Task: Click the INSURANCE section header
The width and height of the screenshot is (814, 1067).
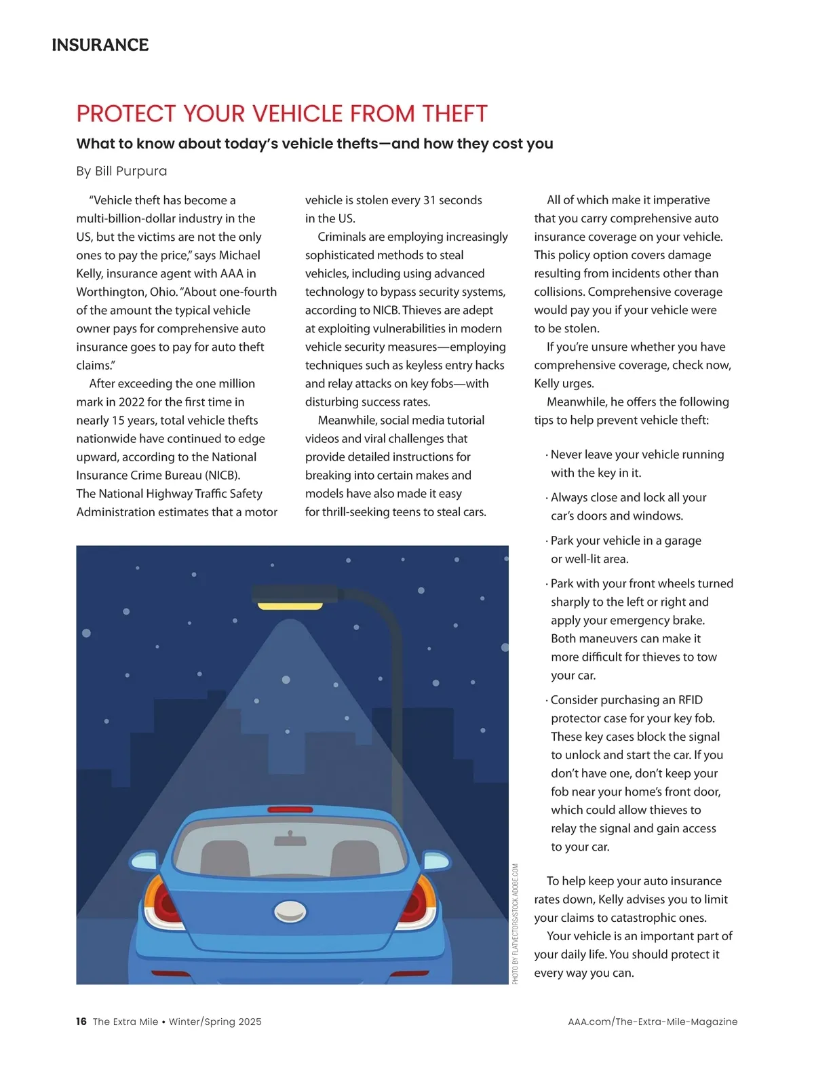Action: (100, 45)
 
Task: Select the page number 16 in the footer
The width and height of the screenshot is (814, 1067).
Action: (81, 1022)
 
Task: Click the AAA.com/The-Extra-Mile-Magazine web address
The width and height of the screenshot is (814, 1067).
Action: (652, 1022)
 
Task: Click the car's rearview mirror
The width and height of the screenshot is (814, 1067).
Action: (290, 840)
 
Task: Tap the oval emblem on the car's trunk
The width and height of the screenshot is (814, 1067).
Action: (290, 911)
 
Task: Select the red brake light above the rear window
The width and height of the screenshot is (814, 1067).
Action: (290, 810)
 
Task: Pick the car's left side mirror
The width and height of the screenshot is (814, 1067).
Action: (144, 862)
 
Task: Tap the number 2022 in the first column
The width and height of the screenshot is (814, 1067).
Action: (132, 402)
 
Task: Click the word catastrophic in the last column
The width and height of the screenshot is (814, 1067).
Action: (648, 918)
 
